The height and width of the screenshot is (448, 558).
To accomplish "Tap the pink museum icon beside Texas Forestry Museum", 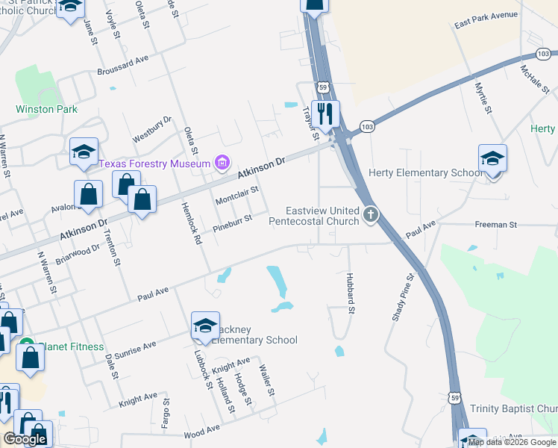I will (221, 162).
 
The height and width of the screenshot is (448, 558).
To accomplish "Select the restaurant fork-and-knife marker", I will (325, 114).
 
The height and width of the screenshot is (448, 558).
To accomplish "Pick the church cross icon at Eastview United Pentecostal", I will (370, 216).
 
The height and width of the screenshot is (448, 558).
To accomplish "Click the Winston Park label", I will (46, 109).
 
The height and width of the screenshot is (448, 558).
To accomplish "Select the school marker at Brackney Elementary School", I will (205, 326).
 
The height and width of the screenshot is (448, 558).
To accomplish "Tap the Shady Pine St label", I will (402, 297).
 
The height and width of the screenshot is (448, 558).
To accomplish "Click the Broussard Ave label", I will (123, 65).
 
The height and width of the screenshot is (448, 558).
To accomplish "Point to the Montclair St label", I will (236, 196).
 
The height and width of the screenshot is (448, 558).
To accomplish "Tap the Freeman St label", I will (496, 224).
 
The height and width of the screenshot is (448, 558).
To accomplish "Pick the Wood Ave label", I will (201, 429).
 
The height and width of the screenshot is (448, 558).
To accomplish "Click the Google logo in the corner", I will (25, 439).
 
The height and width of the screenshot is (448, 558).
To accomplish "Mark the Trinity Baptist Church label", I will (513, 409).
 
